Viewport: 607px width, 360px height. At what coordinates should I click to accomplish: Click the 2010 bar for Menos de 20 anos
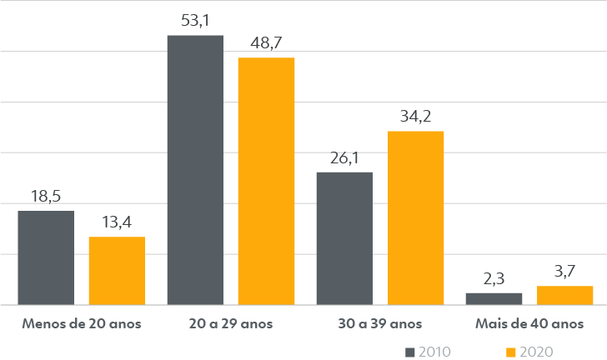[x=46, y=257]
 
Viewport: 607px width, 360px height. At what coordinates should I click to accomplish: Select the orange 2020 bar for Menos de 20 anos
[x=117, y=271]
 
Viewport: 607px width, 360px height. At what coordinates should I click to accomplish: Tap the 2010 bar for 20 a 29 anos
[x=195, y=170]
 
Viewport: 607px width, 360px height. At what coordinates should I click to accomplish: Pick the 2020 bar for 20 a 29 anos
[x=266, y=181]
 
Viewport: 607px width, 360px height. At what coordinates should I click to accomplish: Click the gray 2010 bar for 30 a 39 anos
[x=344, y=238]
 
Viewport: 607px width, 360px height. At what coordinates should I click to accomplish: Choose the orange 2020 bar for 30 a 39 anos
[x=415, y=217]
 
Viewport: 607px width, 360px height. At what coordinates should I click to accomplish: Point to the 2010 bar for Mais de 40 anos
[x=494, y=298]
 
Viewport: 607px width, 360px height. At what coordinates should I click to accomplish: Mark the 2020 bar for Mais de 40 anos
[x=564, y=295]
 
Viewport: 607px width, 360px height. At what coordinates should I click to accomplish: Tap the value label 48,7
[x=266, y=42]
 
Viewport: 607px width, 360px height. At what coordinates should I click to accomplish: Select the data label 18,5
[x=46, y=197]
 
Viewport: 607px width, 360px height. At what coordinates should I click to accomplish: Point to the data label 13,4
[x=117, y=222]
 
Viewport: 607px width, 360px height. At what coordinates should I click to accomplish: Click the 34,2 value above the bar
[x=415, y=117]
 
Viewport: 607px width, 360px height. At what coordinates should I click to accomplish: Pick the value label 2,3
[x=494, y=278]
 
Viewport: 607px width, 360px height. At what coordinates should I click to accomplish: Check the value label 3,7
[x=564, y=272]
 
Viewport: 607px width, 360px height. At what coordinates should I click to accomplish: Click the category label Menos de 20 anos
[x=82, y=323]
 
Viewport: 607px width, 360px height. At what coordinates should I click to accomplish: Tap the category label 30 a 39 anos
[x=379, y=323]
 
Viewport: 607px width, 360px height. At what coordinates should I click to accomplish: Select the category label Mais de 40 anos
[x=529, y=323]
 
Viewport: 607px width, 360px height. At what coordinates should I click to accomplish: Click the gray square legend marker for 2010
[x=409, y=352]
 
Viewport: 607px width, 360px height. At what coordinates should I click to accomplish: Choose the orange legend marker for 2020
[x=510, y=352]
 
